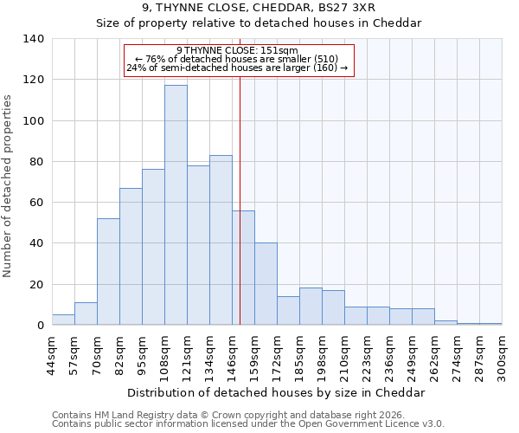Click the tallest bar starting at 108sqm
coord(176,205)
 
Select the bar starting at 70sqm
coord(108,272)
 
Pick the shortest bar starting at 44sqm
coord(63,320)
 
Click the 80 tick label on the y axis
coord(36,162)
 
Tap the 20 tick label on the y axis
coord(36,285)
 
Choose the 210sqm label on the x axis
coord(345,353)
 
